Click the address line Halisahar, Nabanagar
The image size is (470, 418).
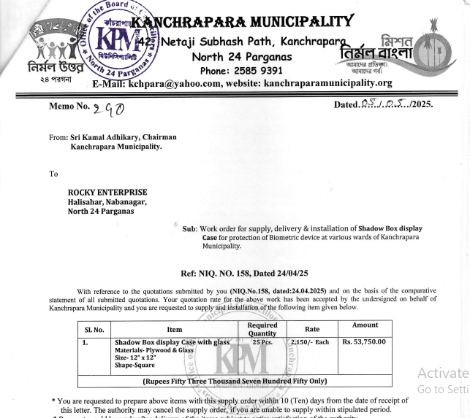[x=107, y=202]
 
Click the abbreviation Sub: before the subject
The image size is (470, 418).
[x=190, y=228]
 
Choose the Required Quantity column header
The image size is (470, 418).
[x=262, y=330]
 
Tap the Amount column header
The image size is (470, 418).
[x=365, y=325]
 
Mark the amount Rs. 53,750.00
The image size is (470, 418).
[x=365, y=343]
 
